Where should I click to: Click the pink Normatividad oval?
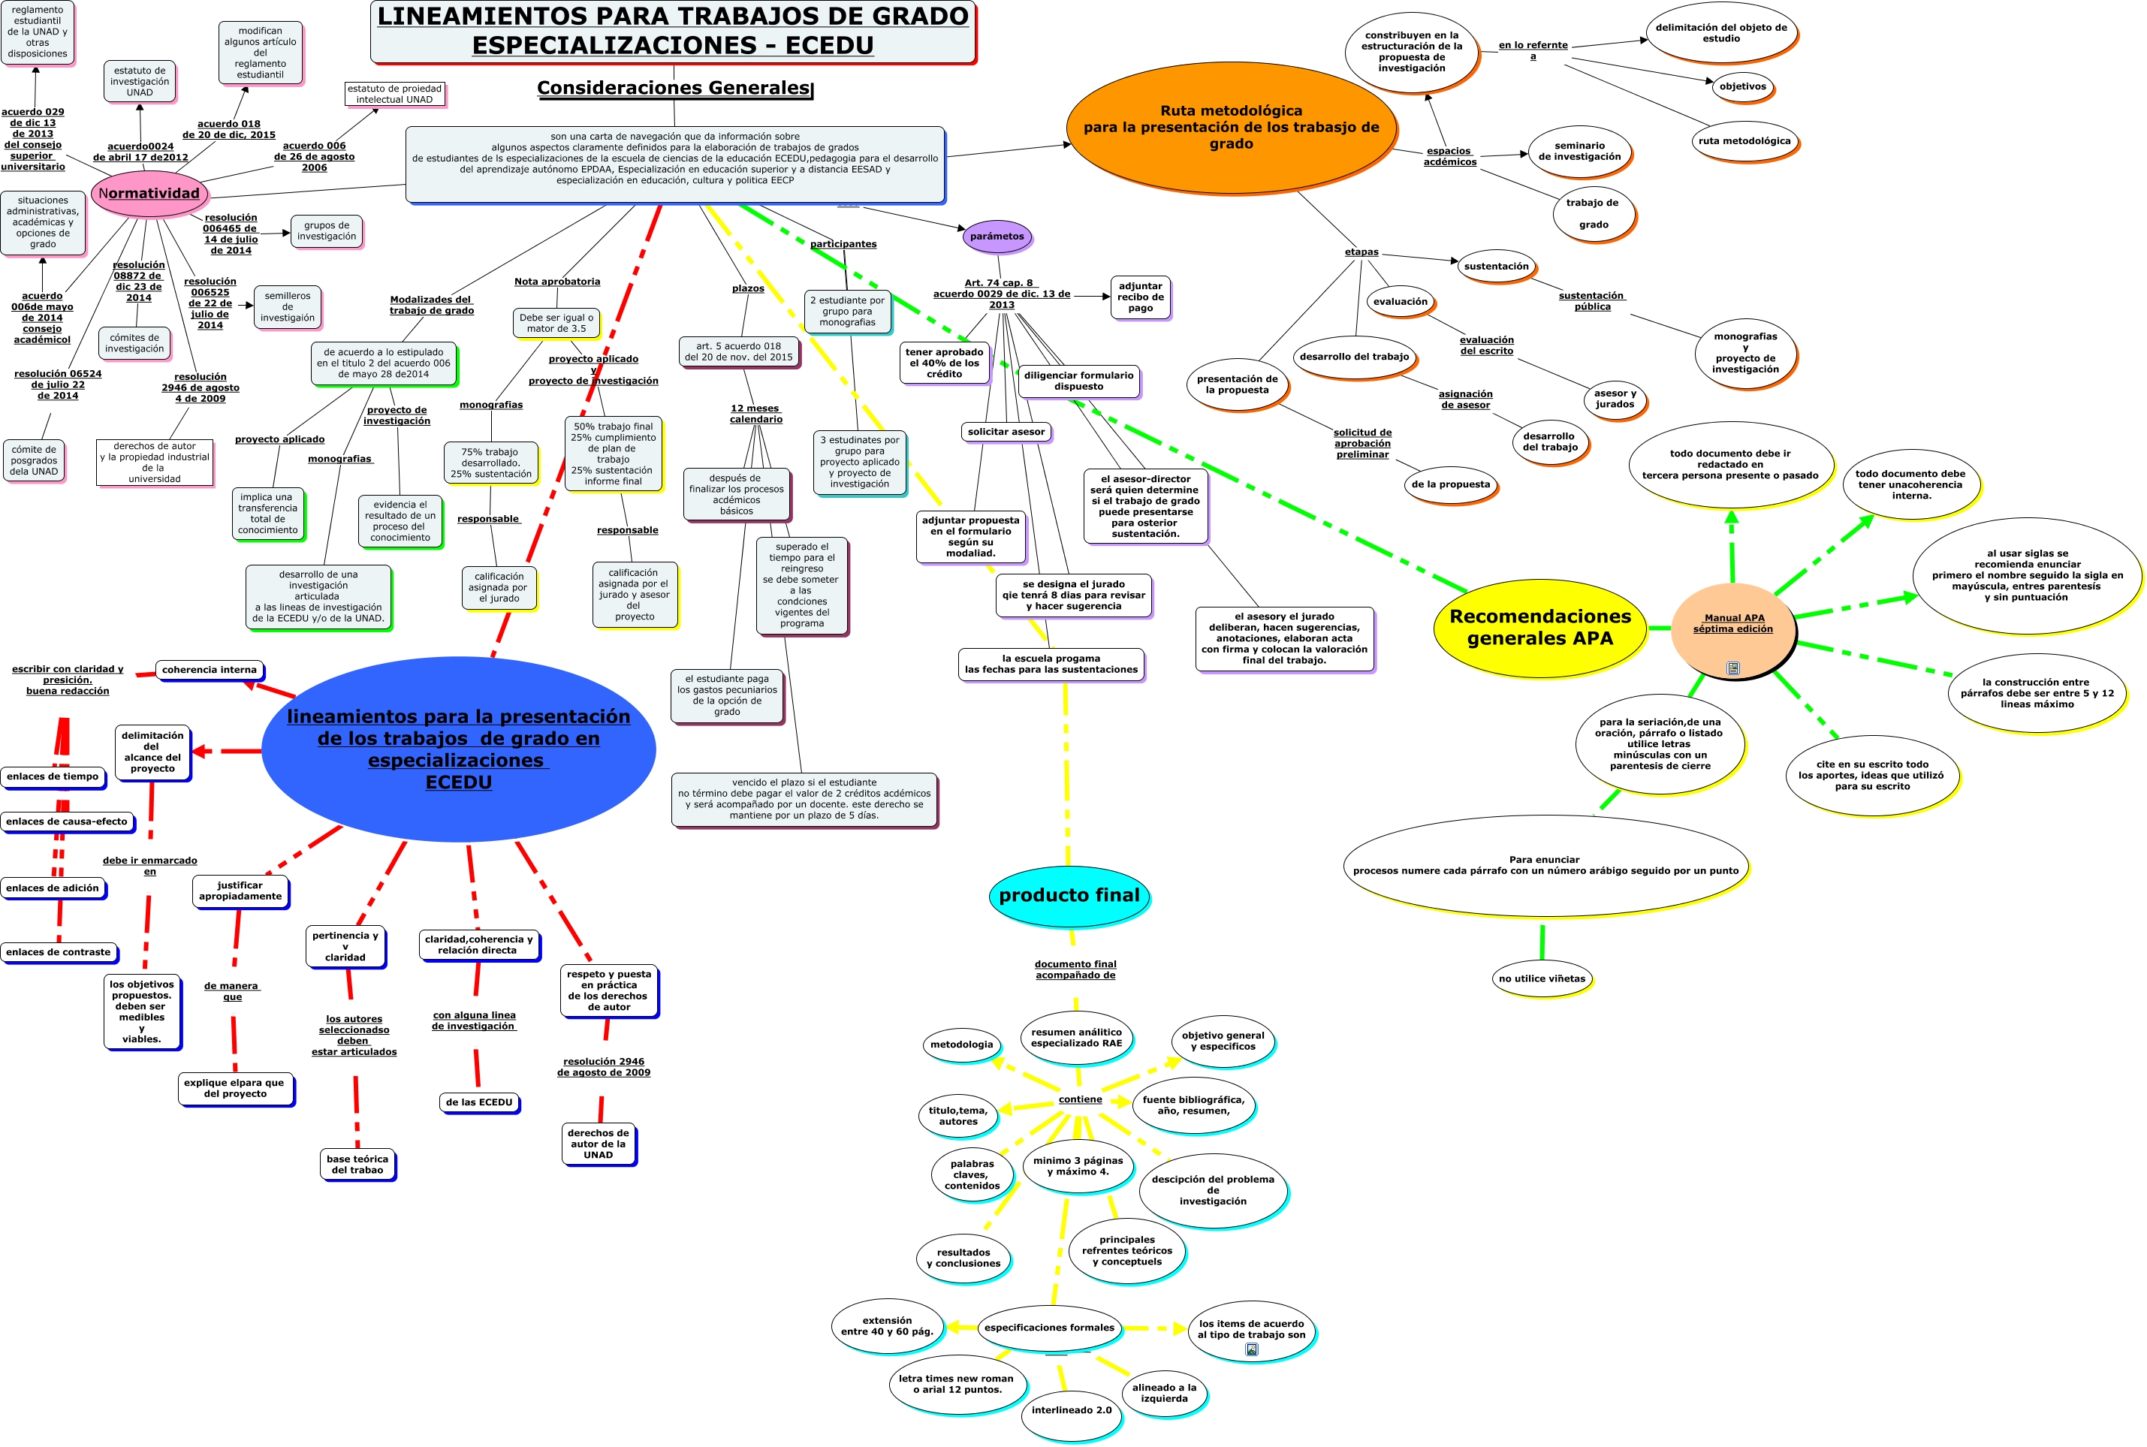coord(149,194)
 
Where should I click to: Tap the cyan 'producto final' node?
coord(1069,895)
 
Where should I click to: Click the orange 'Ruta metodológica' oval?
coord(1230,128)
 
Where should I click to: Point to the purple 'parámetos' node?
coord(997,237)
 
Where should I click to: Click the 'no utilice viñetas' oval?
coord(1541,978)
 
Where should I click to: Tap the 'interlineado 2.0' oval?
coord(1070,1410)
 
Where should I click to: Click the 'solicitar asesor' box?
coord(1006,432)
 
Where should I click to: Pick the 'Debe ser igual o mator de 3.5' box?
coord(556,323)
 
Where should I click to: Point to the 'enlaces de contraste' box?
coord(58,952)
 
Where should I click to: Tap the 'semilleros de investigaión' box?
coord(287,307)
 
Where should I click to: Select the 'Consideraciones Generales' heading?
coord(674,88)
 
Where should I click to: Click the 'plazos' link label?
coord(747,289)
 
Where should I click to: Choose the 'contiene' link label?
coord(1079,1099)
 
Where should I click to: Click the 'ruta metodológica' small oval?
coord(1744,141)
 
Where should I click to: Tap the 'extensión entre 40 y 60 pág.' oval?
coord(887,1326)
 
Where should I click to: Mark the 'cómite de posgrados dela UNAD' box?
coord(34,460)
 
